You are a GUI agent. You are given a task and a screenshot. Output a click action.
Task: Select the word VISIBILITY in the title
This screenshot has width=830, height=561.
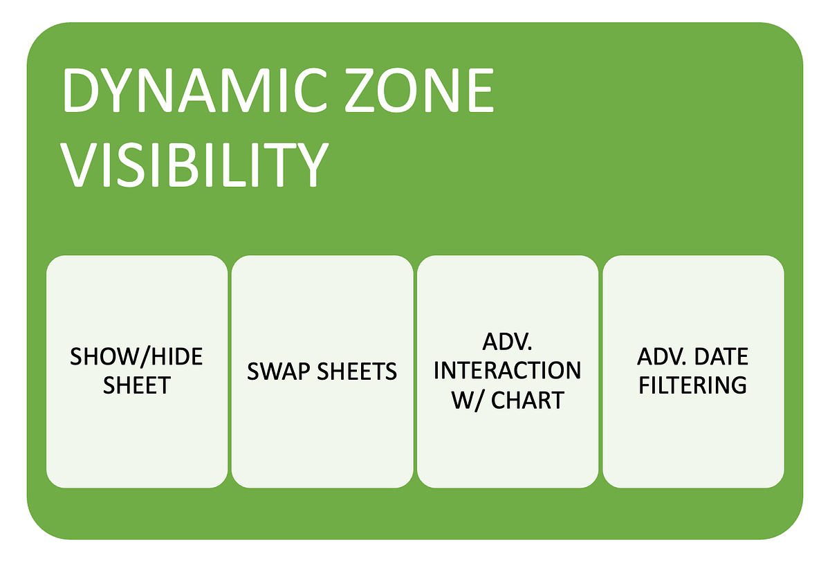pos(194,165)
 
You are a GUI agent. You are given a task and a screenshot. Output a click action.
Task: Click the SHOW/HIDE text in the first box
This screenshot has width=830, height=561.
pos(137,358)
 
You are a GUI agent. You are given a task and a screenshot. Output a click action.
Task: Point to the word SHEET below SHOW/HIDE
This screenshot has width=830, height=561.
pos(137,385)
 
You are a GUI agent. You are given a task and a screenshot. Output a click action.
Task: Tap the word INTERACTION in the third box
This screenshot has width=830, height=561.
pos(507,371)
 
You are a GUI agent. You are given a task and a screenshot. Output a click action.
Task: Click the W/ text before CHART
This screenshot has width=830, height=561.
pos(468,399)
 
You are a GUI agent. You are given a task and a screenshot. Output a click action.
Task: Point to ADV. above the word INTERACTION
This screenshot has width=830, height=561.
pos(507,344)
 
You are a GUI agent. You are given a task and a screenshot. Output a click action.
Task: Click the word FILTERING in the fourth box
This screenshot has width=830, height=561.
pos(692,385)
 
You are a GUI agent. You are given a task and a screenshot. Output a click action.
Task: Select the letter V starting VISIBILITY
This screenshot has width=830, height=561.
pos(80,165)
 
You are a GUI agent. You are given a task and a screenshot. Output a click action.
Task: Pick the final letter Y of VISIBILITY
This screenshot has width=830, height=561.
pos(309,165)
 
